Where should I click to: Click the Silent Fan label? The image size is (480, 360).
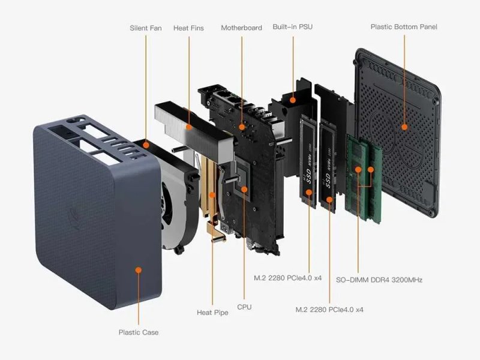point(146,28)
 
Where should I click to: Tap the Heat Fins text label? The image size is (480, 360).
point(188,28)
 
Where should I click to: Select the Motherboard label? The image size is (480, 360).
point(242,28)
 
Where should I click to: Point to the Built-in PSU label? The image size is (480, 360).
point(293,27)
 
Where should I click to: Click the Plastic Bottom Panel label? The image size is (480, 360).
point(404,27)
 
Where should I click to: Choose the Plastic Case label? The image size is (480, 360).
point(139,332)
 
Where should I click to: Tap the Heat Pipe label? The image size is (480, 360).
point(212,313)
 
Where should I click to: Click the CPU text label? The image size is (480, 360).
point(244,307)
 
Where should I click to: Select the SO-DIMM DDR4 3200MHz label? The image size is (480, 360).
point(379,280)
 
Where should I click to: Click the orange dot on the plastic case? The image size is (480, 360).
point(139,270)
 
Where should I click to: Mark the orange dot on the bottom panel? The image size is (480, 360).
point(404,127)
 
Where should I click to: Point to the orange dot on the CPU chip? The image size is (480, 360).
point(244,190)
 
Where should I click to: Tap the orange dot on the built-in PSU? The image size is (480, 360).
point(293,100)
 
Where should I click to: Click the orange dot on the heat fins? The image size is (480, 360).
point(189,127)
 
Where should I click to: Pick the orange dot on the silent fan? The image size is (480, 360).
point(146,145)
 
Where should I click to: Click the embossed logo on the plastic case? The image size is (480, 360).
point(74,218)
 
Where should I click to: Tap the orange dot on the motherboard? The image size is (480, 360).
point(242,127)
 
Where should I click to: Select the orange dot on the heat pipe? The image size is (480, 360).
point(212,194)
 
